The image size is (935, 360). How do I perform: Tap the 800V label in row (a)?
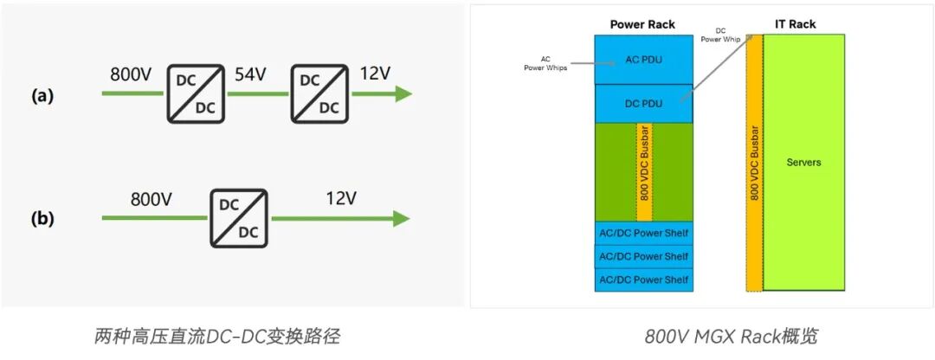click(132, 74)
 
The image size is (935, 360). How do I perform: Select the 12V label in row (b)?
click(341, 198)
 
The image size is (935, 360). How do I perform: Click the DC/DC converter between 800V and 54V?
click(194, 94)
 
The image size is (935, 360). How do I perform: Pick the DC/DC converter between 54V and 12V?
click(319, 94)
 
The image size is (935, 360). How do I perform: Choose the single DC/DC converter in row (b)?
click(238, 219)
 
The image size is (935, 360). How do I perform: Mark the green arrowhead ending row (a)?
click(403, 94)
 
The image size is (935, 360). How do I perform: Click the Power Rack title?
click(642, 24)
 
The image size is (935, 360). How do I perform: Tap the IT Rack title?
click(795, 24)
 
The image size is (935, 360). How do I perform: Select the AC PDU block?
click(642, 61)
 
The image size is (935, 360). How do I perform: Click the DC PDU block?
click(642, 103)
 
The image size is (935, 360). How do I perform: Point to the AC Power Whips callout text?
click(545, 64)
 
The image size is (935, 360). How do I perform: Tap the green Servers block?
click(803, 162)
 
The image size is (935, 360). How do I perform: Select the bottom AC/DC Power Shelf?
click(643, 280)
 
